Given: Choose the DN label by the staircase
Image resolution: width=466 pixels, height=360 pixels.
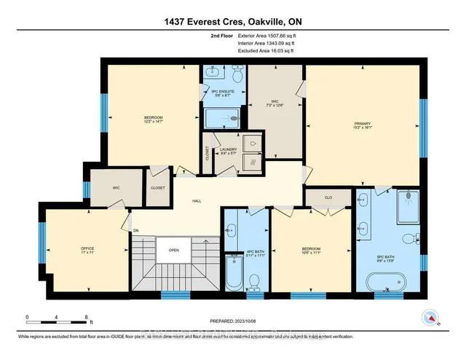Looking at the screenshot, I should tap(135, 231).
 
